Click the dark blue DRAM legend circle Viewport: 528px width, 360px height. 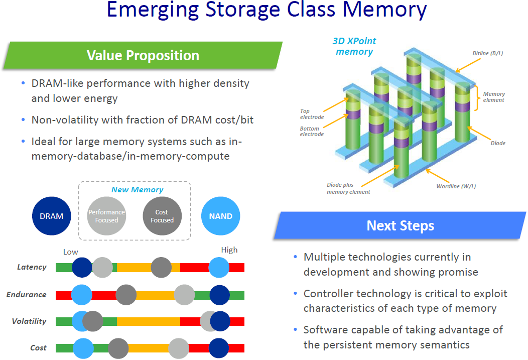[52, 216]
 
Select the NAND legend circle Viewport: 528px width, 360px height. [220, 216]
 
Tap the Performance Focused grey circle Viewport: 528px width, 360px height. [106, 216]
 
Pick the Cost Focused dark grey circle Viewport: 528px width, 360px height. [162, 216]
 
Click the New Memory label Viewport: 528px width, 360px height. [137, 190]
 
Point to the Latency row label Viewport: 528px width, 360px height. [32, 267]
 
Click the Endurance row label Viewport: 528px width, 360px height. [26, 295]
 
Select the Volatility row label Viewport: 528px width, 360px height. [29, 321]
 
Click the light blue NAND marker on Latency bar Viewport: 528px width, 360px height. [219, 267]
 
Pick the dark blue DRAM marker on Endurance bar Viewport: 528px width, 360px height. [219, 295]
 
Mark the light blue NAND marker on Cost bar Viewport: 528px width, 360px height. [83, 347]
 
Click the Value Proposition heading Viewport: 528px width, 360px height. [143, 55]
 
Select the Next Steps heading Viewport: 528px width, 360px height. [400, 225]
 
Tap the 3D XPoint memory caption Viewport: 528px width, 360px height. [354, 46]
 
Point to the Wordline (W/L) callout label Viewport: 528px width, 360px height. [456, 186]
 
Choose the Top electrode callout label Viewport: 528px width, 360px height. [311, 114]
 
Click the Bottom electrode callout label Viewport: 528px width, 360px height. [311, 131]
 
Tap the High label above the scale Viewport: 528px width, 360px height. [229, 250]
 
